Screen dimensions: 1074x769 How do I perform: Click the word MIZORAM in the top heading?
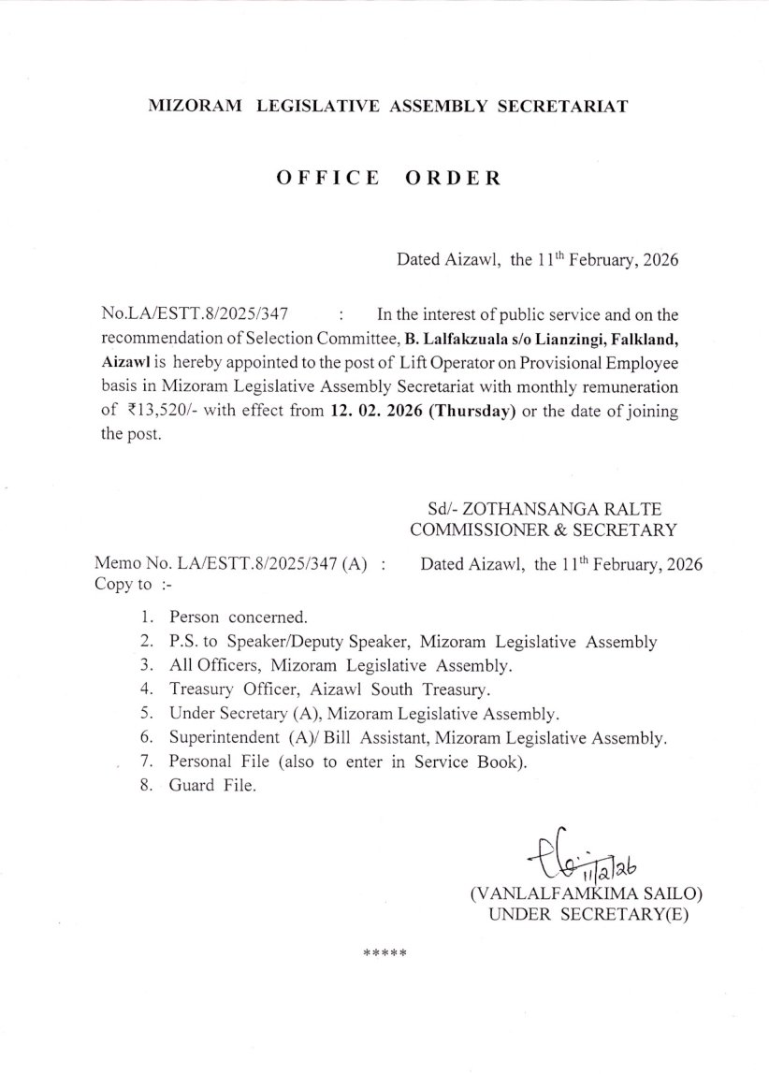(195, 107)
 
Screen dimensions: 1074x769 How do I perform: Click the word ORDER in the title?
(454, 178)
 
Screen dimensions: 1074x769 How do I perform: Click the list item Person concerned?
(238, 617)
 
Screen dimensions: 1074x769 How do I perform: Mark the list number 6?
(147, 737)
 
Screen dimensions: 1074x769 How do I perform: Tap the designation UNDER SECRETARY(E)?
(588, 914)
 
